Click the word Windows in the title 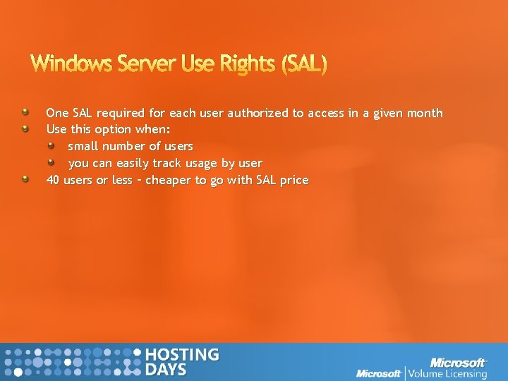coord(68,64)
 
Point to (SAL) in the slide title coord(304,64)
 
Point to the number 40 coord(53,180)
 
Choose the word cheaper coord(169,180)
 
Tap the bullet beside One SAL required coord(25,112)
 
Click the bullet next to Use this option coord(25,129)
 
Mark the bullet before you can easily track coord(60,162)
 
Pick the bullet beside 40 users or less coord(25,179)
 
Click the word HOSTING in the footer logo coord(181,355)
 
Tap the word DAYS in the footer coord(166,370)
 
